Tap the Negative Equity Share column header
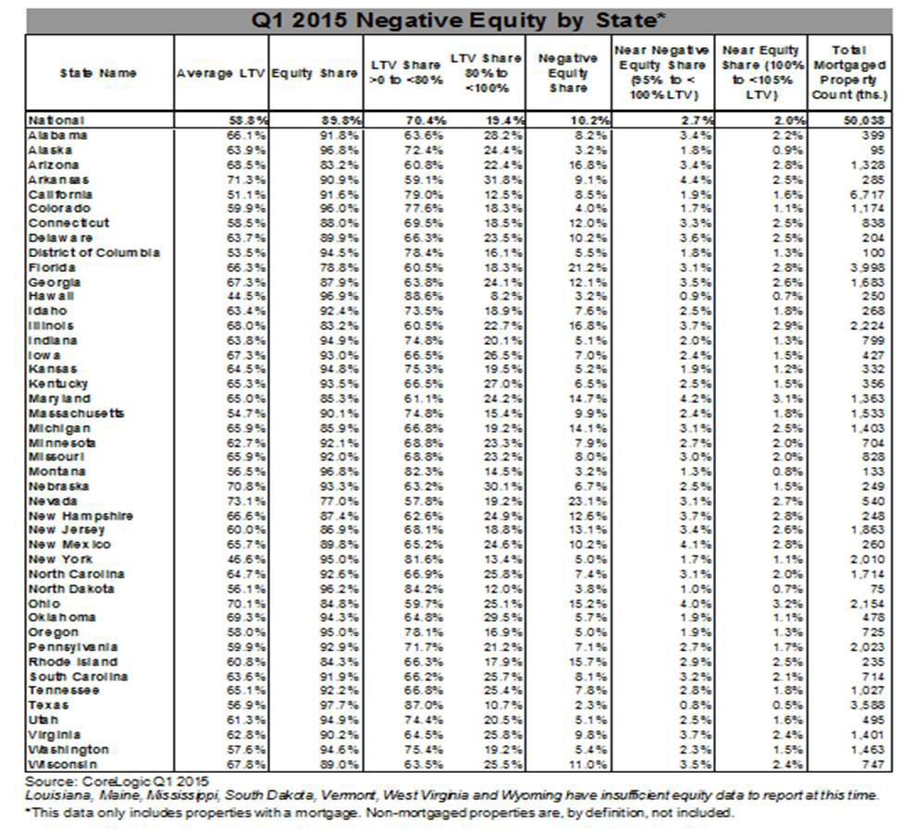click(x=567, y=73)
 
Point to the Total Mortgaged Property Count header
click(x=848, y=72)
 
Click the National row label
click(x=56, y=120)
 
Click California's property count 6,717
click(x=866, y=194)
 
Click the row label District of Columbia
click(x=93, y=252)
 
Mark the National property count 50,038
click(x=864, y=120)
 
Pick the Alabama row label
click(x=58, y=135)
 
